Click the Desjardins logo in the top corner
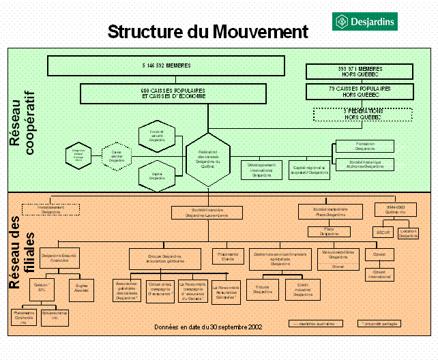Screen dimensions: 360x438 click(364, 22)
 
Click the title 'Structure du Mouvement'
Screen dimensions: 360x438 click(208, 31)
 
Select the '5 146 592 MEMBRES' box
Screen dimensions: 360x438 click(166, 65)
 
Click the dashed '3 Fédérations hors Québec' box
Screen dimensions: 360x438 click(353, 114)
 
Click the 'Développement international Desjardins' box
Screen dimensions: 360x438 click(261, 170)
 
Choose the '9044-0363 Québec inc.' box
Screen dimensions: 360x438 click(395, 210)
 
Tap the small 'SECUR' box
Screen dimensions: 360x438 click(385, 232)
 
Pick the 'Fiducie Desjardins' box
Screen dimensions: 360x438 click(261, 290)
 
